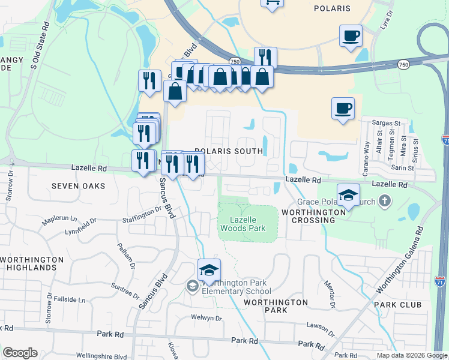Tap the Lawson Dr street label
[x=319, y=327]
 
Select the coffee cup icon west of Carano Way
[x=343, y=109]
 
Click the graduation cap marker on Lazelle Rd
[x=348, y=194]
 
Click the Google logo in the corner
[x=20, y=353]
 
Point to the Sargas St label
[x=386, y=122]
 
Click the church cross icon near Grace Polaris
[x=387, y=201]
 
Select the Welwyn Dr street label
[x=206, y=318]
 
